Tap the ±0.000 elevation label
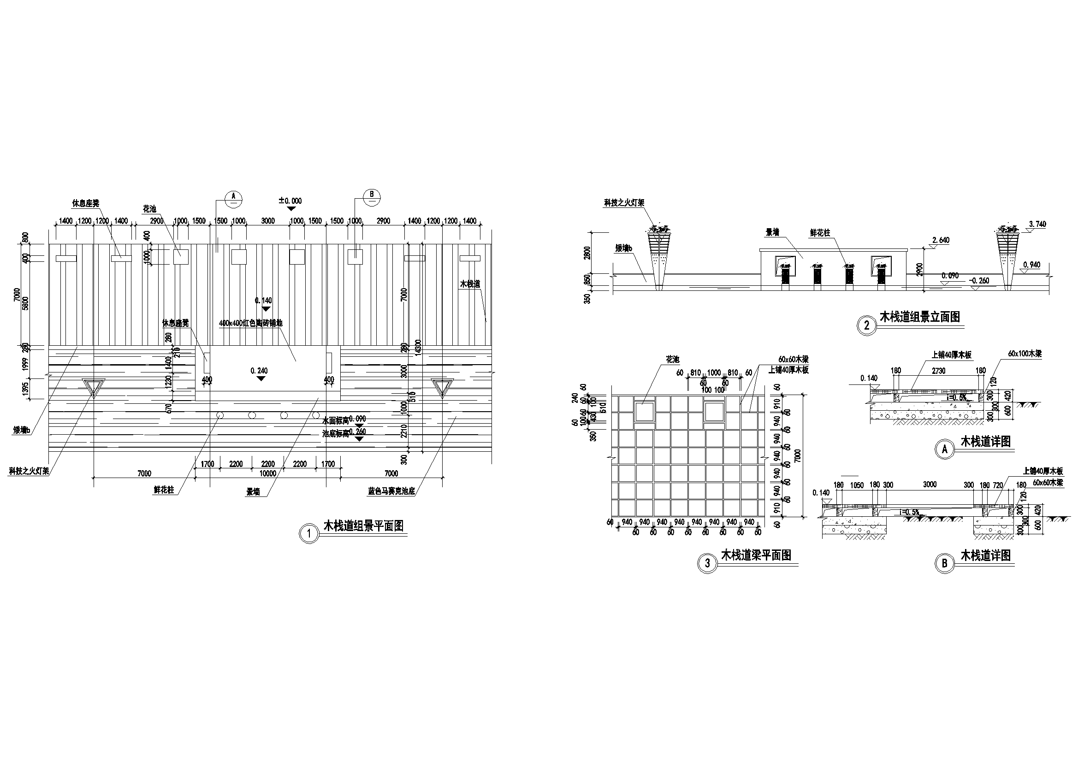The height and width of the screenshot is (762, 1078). [x=290, y=201]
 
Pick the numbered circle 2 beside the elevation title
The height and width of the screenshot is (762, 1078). [x=867, y=325]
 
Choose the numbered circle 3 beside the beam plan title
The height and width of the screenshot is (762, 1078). [x=708, y=563]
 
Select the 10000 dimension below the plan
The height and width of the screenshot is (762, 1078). [x=267, y=473]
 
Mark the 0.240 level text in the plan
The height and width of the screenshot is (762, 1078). [x=259, y=371]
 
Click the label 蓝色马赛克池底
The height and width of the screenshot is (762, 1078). [x=391, y=491]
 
